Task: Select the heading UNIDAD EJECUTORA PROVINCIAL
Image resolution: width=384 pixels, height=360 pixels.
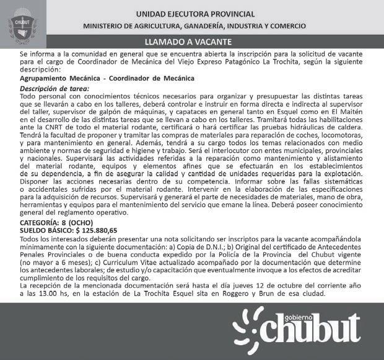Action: (x=195, y=14)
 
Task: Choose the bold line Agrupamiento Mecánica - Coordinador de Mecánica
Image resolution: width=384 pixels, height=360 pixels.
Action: (x=107, y=79)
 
